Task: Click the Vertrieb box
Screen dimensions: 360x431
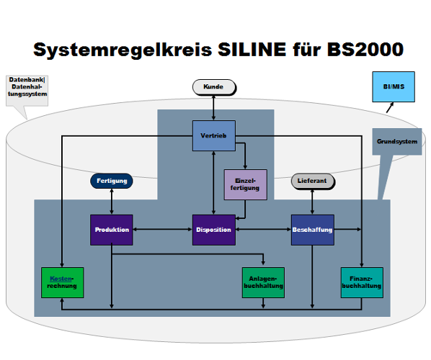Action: (213, 135)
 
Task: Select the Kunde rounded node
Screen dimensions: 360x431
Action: (213, 87)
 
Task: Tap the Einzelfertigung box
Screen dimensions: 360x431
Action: (246, 184)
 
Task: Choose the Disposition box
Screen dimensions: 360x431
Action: (213, 230)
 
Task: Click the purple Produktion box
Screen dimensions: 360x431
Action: (112, 230)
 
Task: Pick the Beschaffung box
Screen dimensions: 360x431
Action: (312, 230)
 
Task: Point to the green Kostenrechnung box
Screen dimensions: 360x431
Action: (62, 282)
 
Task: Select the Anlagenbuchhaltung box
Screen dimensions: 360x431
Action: (263, 282)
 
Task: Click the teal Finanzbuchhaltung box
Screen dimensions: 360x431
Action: (361, 282)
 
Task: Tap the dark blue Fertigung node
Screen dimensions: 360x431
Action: (112, 181)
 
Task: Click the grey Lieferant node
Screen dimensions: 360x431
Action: (312, 181)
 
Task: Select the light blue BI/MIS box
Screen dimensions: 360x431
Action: (393, 86)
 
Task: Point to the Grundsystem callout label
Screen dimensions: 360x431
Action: (396, 141)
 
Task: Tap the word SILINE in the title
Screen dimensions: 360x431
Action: (247, 50)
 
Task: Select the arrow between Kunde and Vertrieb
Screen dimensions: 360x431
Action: (213, 107)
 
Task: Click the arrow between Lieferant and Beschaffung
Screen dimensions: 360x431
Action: (312, 202)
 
